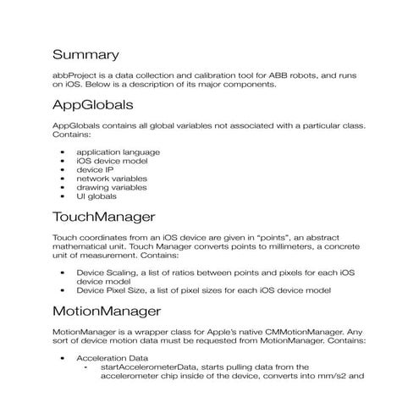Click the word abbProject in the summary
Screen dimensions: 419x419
click(x=73, y=75)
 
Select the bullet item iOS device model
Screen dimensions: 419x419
click(x=111, y=161)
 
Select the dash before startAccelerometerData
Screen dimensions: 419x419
click(x=85, y=368)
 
